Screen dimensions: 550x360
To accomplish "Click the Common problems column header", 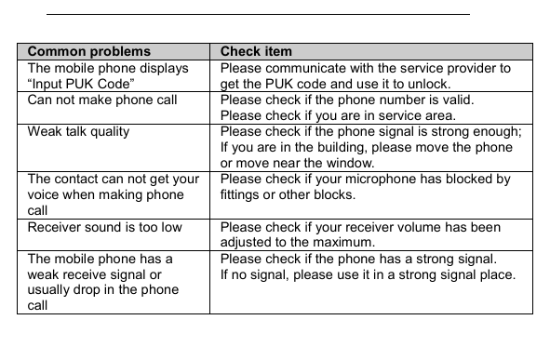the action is click(x=88, y=52).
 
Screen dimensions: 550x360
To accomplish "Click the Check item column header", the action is click(x=256, y=52).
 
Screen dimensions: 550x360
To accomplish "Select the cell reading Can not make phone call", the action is click(x=102, y=100).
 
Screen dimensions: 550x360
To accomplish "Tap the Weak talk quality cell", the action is click(x=78, y=131).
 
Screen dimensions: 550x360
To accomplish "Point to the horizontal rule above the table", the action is click(x=258, y=15).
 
